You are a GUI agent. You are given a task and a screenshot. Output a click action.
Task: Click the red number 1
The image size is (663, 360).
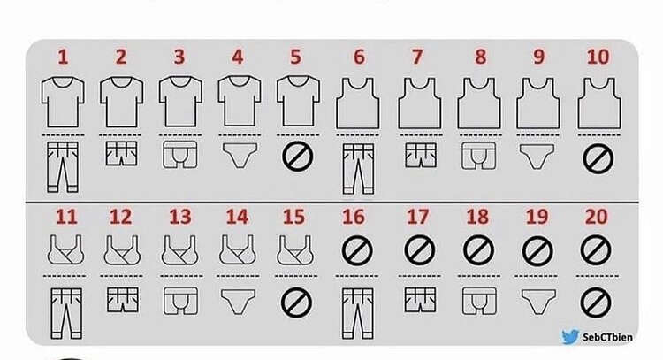[63, 57]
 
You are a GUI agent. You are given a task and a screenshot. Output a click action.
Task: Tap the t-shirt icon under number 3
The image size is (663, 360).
[180, 102]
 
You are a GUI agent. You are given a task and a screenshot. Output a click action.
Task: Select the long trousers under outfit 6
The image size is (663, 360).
[358, 169]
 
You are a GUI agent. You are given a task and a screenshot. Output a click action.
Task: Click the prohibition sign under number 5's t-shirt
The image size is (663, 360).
[298, 157]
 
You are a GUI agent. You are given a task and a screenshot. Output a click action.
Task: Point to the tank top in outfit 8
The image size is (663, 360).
[479, 103]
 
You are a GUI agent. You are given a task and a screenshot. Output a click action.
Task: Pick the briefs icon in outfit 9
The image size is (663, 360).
[537, 157]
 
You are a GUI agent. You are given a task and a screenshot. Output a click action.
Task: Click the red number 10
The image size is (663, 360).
[598, 57]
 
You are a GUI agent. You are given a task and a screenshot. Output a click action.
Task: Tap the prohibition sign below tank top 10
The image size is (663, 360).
[598, 158]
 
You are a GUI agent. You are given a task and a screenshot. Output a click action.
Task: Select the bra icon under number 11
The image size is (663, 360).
[65, 250]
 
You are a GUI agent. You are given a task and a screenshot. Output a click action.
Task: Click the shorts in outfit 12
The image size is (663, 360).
[123, 300]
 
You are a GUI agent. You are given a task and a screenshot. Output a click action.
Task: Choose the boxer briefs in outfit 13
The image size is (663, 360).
[180, 301]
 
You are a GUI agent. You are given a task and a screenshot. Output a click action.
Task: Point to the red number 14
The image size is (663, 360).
[237, 217]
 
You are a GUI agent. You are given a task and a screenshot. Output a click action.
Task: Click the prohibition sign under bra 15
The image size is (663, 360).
[296, 303]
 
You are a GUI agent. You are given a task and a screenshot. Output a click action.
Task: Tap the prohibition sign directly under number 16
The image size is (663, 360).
[357, 251]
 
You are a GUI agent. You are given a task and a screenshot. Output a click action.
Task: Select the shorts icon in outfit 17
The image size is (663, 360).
[420, 300]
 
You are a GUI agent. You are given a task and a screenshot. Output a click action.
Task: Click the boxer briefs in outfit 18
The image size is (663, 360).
[479, 301]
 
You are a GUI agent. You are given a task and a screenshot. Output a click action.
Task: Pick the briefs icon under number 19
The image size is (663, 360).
[538, 302]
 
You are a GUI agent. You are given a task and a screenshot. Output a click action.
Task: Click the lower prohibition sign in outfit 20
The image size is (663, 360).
[595, 303]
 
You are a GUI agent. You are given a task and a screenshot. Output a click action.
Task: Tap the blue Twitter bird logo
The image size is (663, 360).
[570, 337]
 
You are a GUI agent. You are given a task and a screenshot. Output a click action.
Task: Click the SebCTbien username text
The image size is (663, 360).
[607, 337]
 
